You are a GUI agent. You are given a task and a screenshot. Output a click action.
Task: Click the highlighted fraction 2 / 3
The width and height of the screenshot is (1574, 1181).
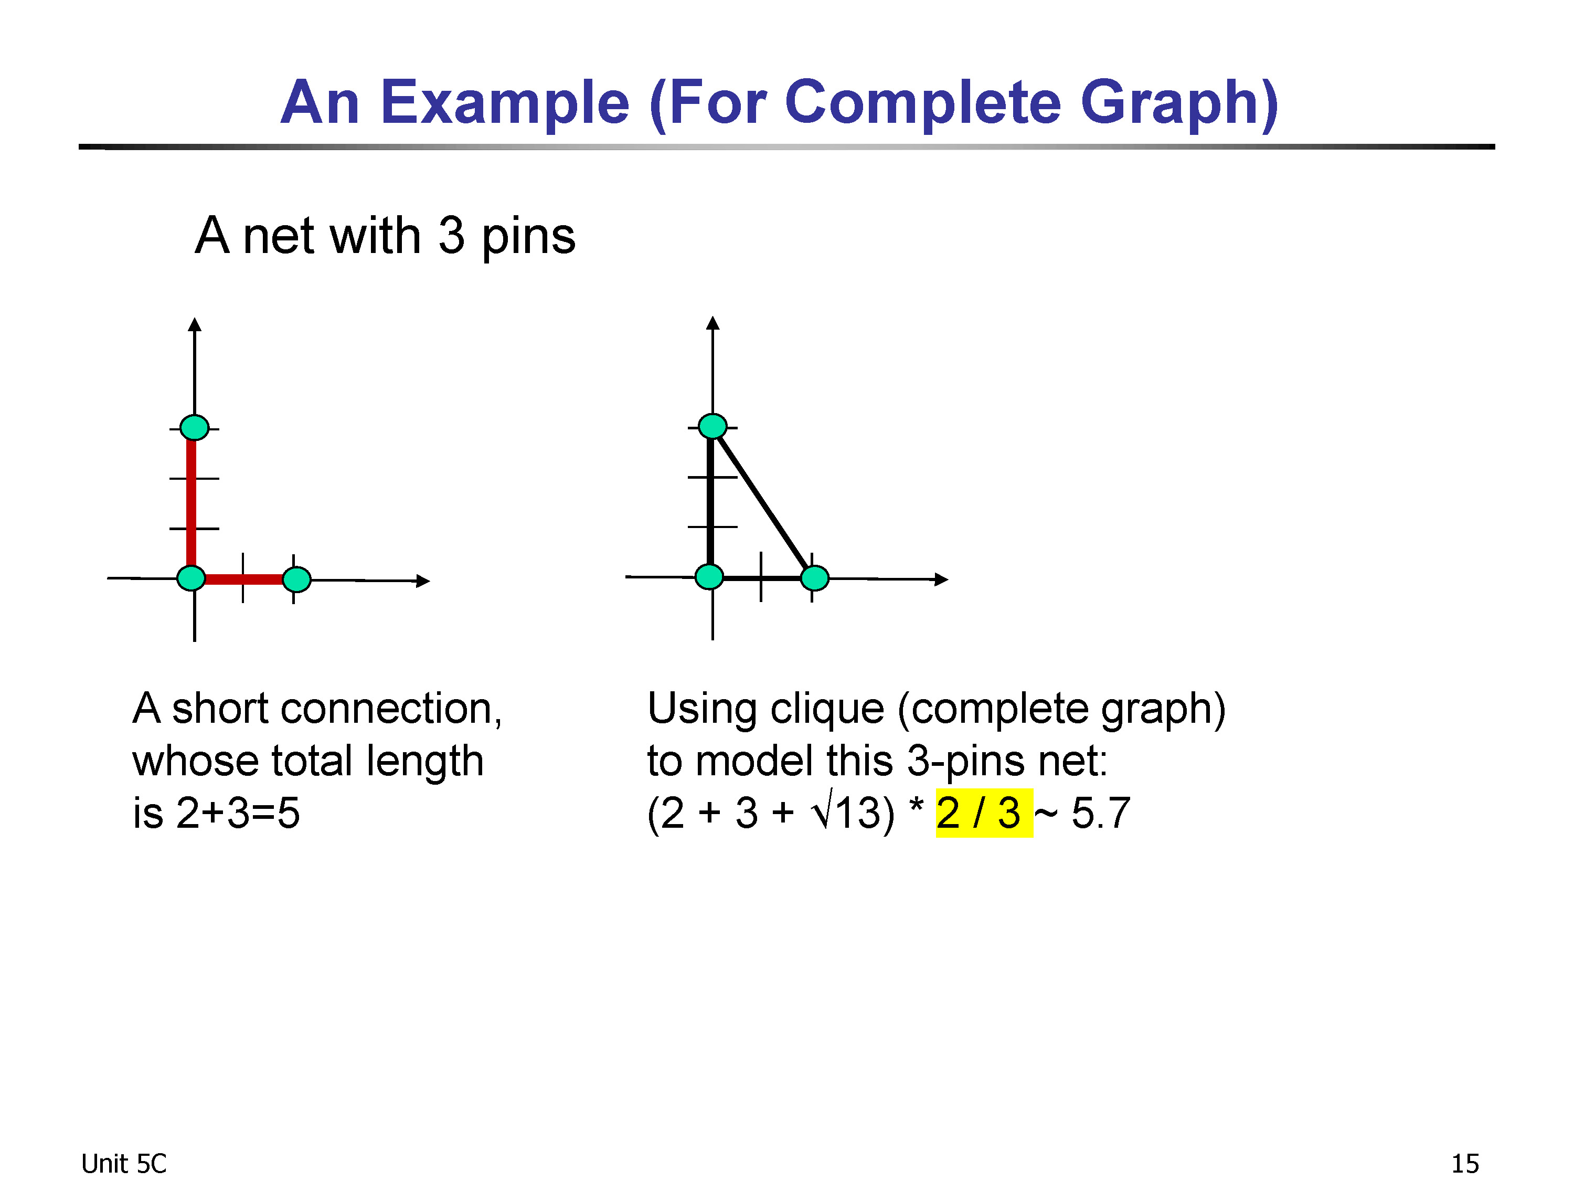[x=983, y=813]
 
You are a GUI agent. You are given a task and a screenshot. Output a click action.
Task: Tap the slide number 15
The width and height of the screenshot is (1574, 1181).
[x=1464, y=1164]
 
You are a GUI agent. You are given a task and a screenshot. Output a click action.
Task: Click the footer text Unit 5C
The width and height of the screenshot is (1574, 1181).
[x=123, y=1164]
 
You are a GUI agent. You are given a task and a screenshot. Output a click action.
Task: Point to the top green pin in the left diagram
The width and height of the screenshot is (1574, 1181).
[x=194, y=427]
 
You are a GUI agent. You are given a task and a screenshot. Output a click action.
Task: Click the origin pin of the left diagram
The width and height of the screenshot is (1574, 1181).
[x=190, y=578]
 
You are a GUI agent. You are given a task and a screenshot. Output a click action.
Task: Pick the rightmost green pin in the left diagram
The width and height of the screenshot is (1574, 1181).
[x=297, y=579]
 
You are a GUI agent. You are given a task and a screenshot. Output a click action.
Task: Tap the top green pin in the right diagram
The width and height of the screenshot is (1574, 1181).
[x=712, y=426]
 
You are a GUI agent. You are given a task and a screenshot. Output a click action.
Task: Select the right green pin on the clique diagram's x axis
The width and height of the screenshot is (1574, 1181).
[x=815, y=578]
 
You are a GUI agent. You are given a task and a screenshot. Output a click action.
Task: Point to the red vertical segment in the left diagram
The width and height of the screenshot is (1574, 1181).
[x=190, y=503]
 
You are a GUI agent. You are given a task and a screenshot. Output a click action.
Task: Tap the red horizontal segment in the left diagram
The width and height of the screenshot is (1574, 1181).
[x=244, y=579]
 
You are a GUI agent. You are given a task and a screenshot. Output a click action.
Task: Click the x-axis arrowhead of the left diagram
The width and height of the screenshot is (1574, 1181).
[x=423, y=581]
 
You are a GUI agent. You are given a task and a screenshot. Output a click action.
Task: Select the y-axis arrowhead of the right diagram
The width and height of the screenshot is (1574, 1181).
[x=713, y=323]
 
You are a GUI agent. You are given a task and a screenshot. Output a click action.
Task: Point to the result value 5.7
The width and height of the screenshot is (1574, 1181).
[x=1101, y=813]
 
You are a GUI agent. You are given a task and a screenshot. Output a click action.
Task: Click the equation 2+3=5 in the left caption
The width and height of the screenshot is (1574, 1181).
[x=238, y=813]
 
